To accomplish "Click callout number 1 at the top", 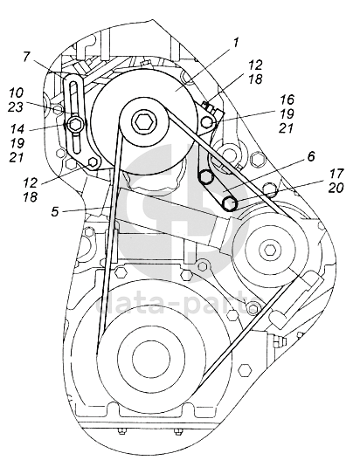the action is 236,43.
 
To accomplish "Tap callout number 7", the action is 26,56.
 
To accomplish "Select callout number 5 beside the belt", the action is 55,212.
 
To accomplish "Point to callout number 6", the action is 311,156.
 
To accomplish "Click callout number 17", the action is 336,174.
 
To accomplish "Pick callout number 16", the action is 287,100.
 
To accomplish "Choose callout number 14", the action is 17,129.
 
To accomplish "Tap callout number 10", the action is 16,93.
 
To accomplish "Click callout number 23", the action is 16,107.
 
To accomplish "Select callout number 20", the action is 336,188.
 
